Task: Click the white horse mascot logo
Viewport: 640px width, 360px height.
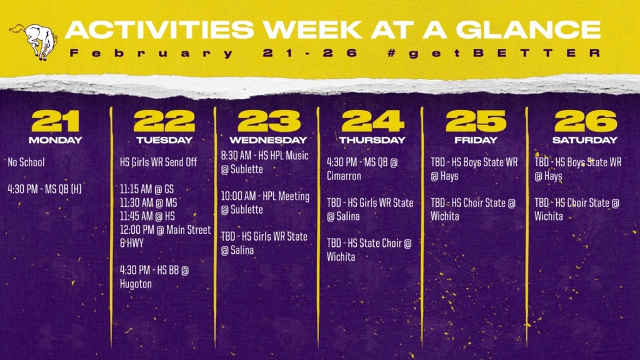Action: (34, 41)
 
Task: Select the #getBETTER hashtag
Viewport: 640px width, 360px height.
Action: (494, 53)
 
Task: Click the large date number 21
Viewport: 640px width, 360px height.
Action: (55, 121)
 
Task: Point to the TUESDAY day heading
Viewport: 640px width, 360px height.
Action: (164, 140)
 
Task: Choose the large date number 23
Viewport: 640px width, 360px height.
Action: (269, 121)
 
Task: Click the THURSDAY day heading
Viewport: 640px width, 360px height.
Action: (372, 140)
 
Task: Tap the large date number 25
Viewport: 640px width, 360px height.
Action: (476, 121)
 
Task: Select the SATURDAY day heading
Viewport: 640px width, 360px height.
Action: (585, 140)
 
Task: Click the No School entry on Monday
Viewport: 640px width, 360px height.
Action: (26, 162)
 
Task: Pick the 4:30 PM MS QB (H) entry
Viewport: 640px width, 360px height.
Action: (45, 189)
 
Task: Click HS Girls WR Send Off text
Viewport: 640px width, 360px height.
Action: (158, 162)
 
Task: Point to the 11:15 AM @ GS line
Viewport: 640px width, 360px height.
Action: (147, 189)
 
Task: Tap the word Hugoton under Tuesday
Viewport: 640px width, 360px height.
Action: (136, 284)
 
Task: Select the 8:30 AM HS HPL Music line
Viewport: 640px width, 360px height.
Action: (265, 156)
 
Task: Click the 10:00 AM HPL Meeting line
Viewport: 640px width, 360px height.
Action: (265, 196)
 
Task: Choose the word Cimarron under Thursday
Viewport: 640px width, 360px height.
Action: (344, 176)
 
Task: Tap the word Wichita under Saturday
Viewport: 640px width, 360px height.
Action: (549, 216)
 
